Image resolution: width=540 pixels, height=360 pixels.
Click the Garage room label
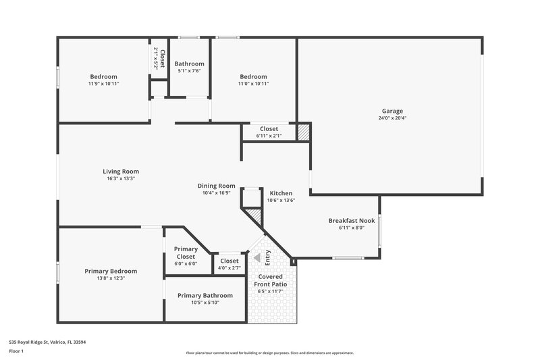coord(391,111)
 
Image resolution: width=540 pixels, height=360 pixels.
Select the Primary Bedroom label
coord(111,271)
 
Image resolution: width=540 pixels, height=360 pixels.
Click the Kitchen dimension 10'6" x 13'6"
coord(281,200)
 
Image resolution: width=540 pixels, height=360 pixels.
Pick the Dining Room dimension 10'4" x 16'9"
coord(216,192)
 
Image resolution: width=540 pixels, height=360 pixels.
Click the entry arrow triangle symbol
coord(256,257)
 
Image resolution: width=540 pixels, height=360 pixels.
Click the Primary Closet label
coord(186,253)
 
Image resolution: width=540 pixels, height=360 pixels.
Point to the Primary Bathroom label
coord(205,295)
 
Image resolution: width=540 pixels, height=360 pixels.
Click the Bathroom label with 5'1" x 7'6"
coord(190,63)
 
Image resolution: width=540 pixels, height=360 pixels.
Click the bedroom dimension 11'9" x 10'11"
coord(103,84)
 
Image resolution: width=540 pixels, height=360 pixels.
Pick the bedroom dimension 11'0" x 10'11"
coord(253,84)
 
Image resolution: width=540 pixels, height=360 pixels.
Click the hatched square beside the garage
coord(303,132)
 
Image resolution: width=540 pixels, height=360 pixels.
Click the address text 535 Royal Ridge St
coord(47,342)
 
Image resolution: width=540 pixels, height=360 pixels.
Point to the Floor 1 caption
coord(16,352)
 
